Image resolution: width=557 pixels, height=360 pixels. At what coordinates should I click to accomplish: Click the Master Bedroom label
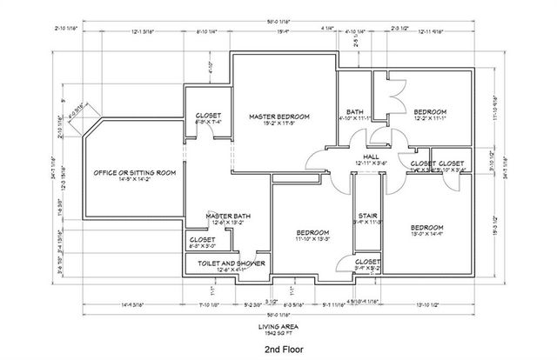pos(279,116)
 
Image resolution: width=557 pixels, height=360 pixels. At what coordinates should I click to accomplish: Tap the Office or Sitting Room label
pos(134,173)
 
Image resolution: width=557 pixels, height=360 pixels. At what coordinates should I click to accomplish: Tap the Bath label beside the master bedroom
pos(354,111)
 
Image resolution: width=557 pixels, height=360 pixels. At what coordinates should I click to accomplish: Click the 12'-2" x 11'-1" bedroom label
pos(430,112)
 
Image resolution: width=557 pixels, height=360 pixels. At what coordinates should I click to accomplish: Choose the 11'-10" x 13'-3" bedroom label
pos(311,232)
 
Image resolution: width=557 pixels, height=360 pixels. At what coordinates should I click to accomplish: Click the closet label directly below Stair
pos(367,261)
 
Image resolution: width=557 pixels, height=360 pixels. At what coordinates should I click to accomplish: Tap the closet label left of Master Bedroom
pos(208,116)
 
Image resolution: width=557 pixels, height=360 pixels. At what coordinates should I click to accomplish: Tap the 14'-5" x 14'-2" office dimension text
pos(134,181)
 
